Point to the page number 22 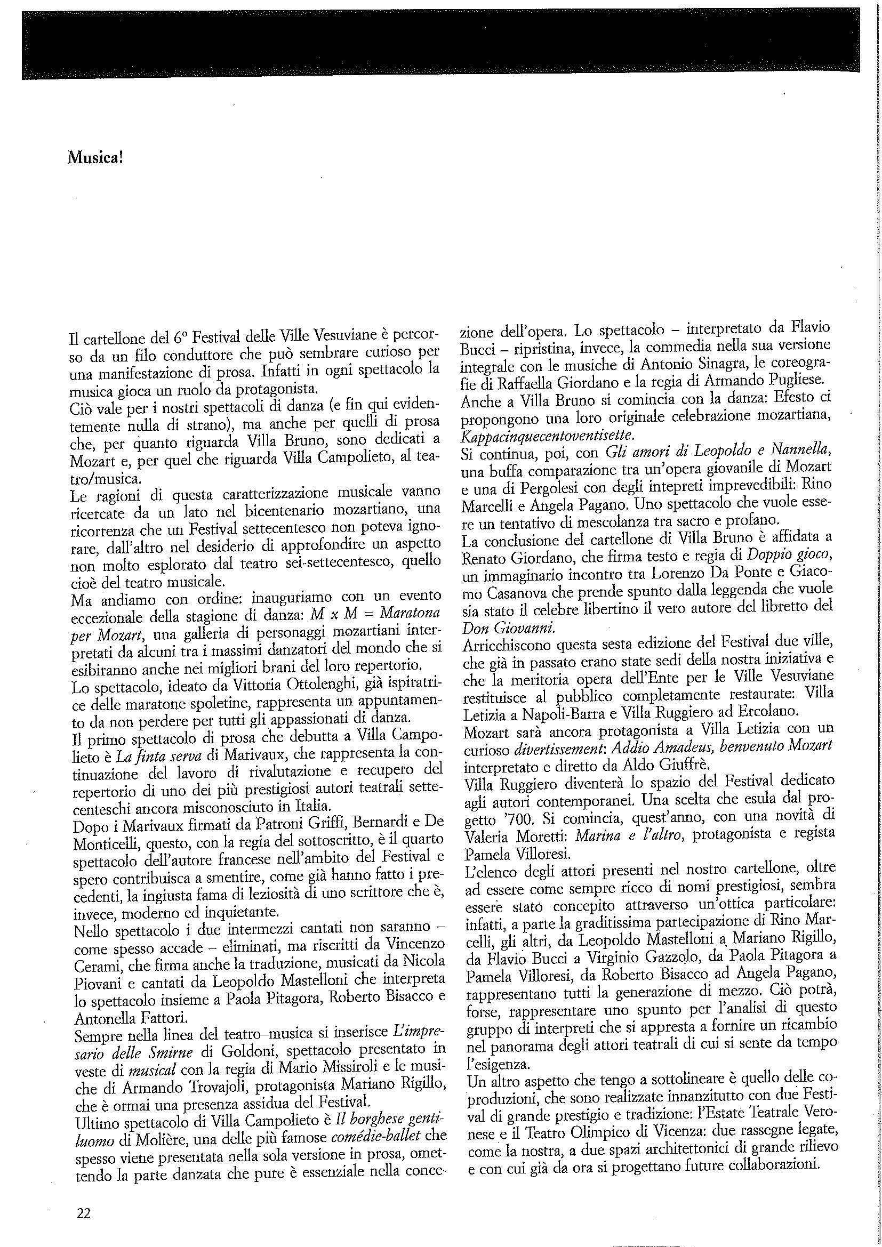(84, 1198)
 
